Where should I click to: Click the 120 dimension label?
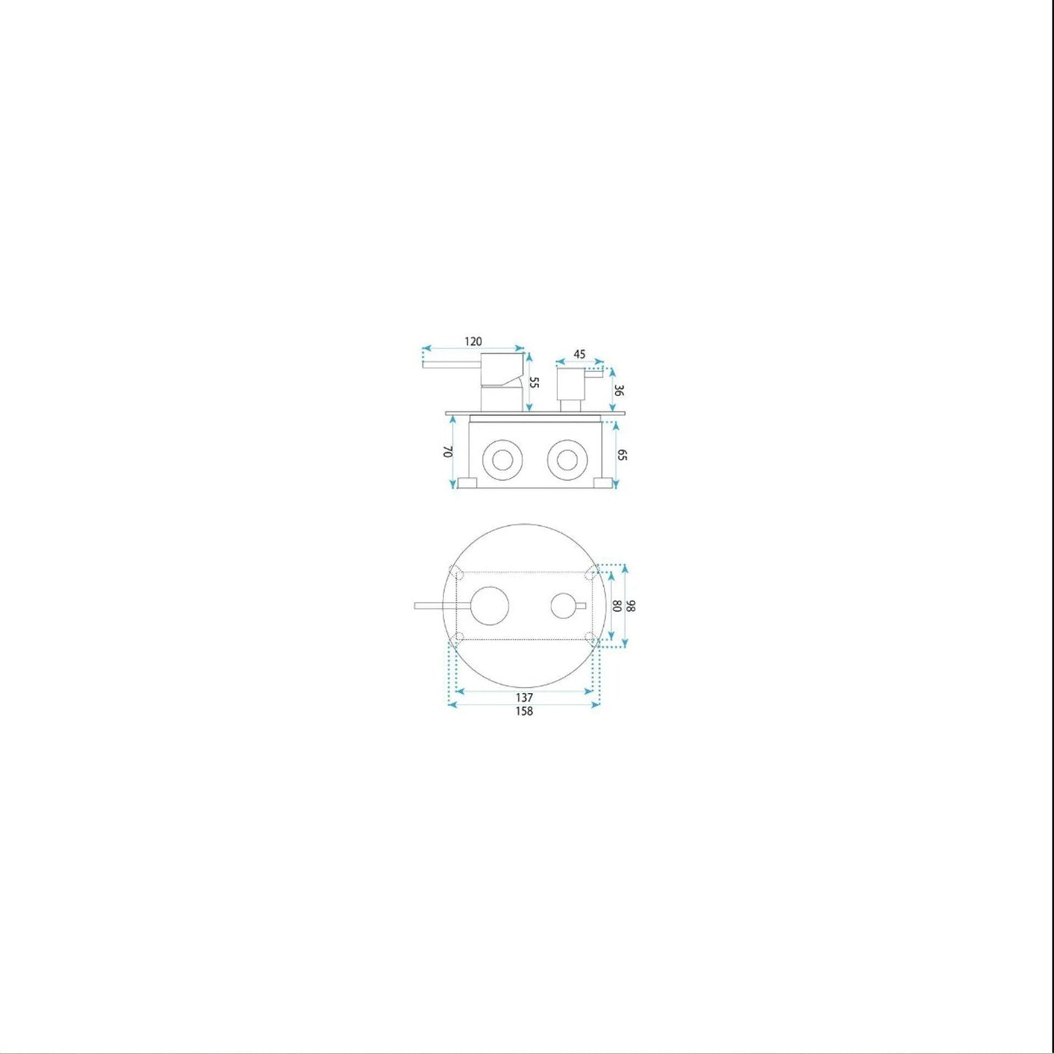click(473, 341)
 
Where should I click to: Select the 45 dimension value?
click(579, 354)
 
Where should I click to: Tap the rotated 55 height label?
click(535, 381)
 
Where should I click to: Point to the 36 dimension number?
click(619, 390)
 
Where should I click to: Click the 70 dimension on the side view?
click(447, 452)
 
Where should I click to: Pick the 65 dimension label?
click(621, 454)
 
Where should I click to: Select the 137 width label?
click(524, 697)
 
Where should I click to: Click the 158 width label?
click(524, 711)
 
